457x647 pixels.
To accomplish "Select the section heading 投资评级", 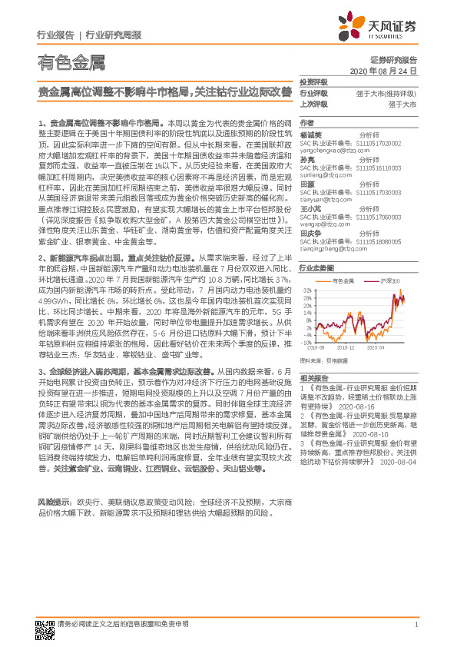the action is [x=313, y=82].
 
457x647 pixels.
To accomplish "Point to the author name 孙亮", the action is [x=306, y=158].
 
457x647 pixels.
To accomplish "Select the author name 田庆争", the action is [x=310, y=231].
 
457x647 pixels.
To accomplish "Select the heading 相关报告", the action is [x=313, y=377].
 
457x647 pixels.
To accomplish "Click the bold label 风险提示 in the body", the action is [x=51, y=499].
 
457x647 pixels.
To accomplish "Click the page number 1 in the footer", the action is [x=415, y=624].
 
